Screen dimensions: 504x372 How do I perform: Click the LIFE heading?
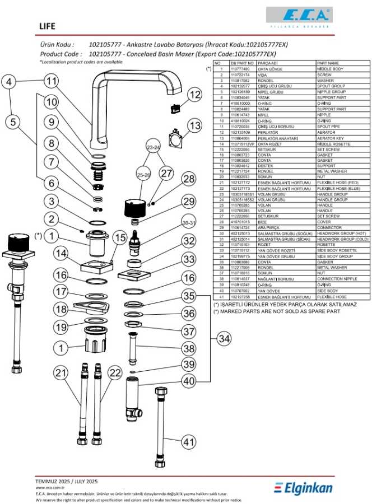48,26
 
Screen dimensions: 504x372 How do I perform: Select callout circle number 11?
52,81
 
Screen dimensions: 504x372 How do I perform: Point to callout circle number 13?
194,127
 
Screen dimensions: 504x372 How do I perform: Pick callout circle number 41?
189,442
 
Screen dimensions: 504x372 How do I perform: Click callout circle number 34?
224,339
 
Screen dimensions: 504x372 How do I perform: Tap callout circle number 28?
189,180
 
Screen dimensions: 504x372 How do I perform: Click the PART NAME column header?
328,63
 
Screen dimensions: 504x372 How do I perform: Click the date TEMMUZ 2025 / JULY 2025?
67,481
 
